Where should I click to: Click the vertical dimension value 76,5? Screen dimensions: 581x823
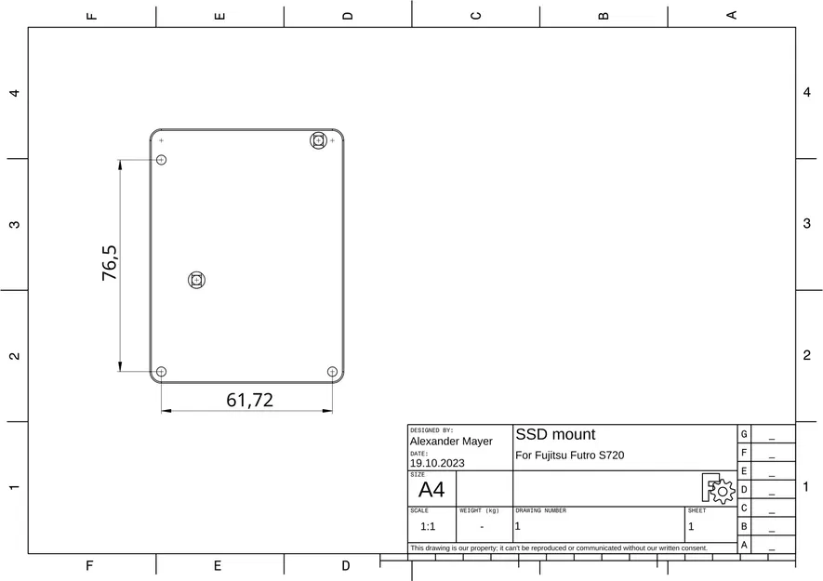coord(110,263)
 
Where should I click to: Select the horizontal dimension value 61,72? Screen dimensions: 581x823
coord(249,400)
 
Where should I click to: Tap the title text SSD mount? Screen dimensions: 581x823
coord(555,434)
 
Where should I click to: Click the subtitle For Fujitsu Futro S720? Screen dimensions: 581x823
coord(569,456)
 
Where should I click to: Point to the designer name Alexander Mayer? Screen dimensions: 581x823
coord(451,442)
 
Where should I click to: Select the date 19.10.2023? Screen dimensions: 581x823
coord(437,463)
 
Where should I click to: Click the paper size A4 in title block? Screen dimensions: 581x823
coord(431,490)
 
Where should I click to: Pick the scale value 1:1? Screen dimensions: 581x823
coord(428,526)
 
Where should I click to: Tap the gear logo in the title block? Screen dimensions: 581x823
coord(718,488)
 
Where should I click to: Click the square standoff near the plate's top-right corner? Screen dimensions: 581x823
coord(318,140)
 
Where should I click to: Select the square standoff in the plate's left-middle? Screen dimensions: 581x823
coord(196,279)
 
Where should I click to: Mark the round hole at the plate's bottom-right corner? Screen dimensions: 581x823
coord(332,372)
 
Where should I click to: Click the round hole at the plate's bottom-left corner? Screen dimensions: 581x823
coord(161,372)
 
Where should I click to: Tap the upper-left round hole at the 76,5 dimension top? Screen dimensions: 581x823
coord(161,160)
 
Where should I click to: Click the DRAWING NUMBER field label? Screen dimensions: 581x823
coord(540,510)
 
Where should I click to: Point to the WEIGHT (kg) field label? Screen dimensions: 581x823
coord(479,510)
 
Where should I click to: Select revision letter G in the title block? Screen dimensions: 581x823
coord(744,434)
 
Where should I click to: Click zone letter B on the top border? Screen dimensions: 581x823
coord(603,15)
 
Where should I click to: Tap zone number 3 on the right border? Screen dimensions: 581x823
coord(807,224)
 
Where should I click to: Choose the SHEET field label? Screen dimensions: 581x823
coord(697,510)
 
